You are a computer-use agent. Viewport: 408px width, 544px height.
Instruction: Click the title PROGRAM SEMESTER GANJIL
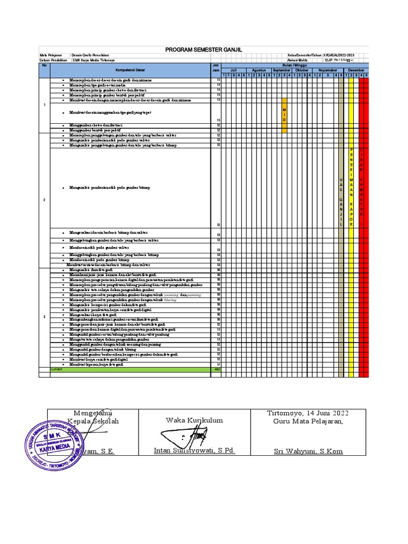coord(203,49)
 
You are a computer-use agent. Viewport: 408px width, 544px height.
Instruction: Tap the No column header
coord(45,65)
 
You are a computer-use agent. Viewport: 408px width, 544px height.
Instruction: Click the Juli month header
coord(233,70)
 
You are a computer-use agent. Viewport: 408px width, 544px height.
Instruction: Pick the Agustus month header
coord(259,70)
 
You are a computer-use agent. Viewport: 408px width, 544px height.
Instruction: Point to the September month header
coord(282,70)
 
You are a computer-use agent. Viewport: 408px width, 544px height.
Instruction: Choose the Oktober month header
coord(302,70)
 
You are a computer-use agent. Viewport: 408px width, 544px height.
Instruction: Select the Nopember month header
coord(328,70)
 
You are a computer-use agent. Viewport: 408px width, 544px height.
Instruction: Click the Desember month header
coord(356,70)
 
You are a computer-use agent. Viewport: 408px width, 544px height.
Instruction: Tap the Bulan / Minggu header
coord(295,65)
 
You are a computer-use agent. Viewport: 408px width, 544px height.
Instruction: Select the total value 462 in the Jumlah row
coord(216,368)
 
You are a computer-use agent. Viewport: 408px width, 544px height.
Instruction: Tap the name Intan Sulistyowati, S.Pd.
coord(194,450)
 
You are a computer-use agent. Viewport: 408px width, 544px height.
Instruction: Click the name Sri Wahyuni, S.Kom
coord(308,452)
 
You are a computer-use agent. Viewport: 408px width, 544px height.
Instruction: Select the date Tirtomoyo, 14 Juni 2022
coord(308,413)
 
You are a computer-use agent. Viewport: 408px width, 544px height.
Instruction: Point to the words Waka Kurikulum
coord(194,420)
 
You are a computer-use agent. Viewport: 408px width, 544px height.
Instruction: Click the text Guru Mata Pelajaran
coord(308,421)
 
